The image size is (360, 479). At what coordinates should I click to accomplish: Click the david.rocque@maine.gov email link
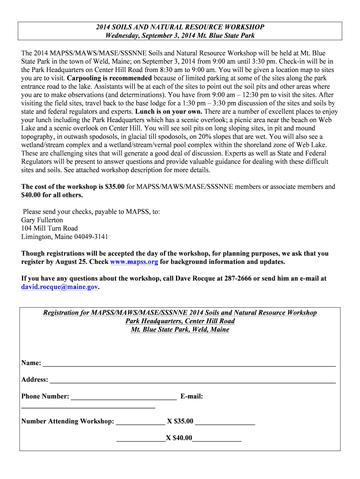[60, 287]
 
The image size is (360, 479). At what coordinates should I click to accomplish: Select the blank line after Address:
[193, 380]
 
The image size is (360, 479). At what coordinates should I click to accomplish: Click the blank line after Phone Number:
[124, 397]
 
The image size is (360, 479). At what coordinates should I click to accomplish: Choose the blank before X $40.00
[140, 439]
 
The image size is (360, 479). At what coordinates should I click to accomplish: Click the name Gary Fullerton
[42, 220]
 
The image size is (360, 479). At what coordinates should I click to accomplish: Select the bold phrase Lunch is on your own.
[169, 112]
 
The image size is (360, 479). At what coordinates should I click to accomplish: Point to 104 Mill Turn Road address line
[50, 228]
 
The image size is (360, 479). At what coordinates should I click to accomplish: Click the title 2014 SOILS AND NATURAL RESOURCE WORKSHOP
[180, 28]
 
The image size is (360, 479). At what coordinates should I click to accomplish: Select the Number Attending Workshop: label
[68, 421]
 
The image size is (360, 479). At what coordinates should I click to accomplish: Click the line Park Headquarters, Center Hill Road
[180, 321]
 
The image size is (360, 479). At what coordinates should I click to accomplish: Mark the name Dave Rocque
[196, 278]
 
